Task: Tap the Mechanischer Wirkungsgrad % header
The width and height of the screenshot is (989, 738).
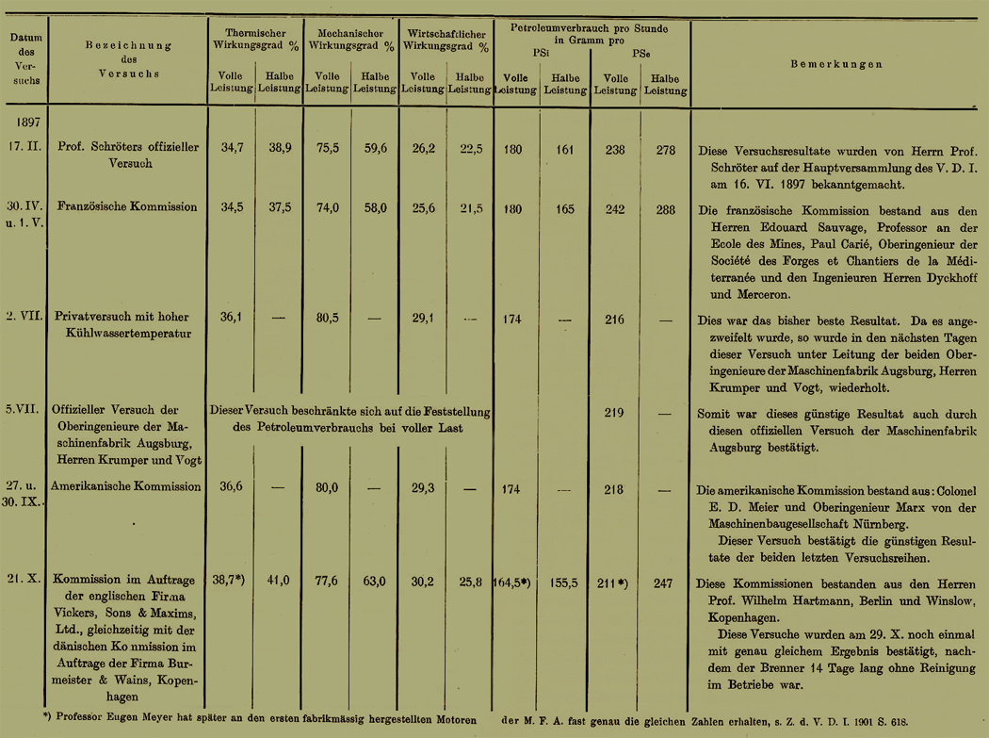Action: point(351,39)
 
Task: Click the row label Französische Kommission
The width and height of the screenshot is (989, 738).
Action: point(127,206)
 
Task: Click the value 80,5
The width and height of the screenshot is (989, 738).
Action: point(326,319)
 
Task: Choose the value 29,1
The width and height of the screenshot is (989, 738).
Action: point(423,320)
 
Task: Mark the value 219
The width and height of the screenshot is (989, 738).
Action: point(614,412)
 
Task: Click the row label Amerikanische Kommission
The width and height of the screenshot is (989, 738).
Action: point(128,486)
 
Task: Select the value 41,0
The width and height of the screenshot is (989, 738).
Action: point(279,582)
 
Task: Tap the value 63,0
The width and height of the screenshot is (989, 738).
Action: point(374,582)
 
